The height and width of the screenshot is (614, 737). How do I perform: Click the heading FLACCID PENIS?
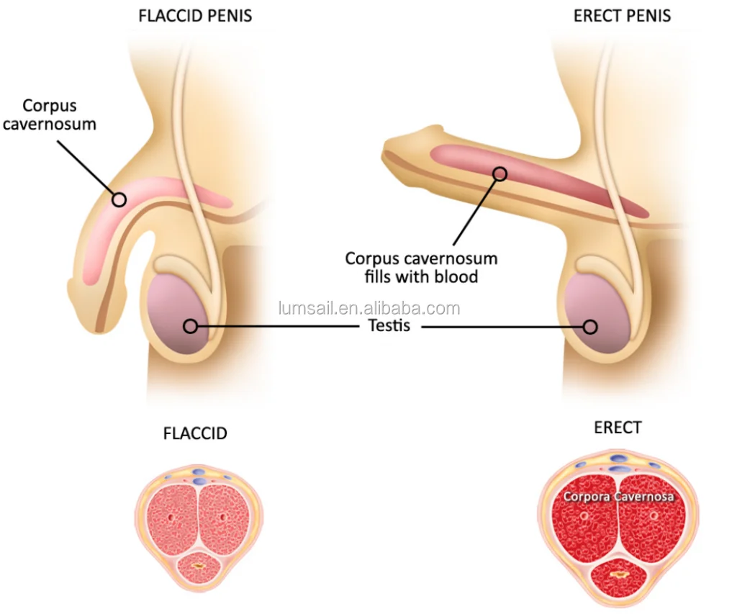point(194,15)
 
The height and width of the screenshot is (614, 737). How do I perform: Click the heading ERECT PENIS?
point(622,15)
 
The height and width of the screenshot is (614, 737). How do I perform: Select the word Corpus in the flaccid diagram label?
point(50,106)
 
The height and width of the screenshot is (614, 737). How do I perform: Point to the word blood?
point(457,276)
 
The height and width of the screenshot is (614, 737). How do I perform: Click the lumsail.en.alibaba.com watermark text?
point(369,309)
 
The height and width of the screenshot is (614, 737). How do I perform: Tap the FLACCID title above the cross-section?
point(195,433)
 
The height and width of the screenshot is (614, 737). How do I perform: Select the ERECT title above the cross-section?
point(618,428)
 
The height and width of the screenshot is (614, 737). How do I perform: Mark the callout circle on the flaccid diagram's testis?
point(190,327)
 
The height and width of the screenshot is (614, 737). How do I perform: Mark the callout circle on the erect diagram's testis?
point(590,327)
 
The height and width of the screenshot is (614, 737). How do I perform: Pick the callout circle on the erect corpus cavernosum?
point(499,173)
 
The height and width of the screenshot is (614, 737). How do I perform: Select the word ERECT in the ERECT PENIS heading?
point(597,15)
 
